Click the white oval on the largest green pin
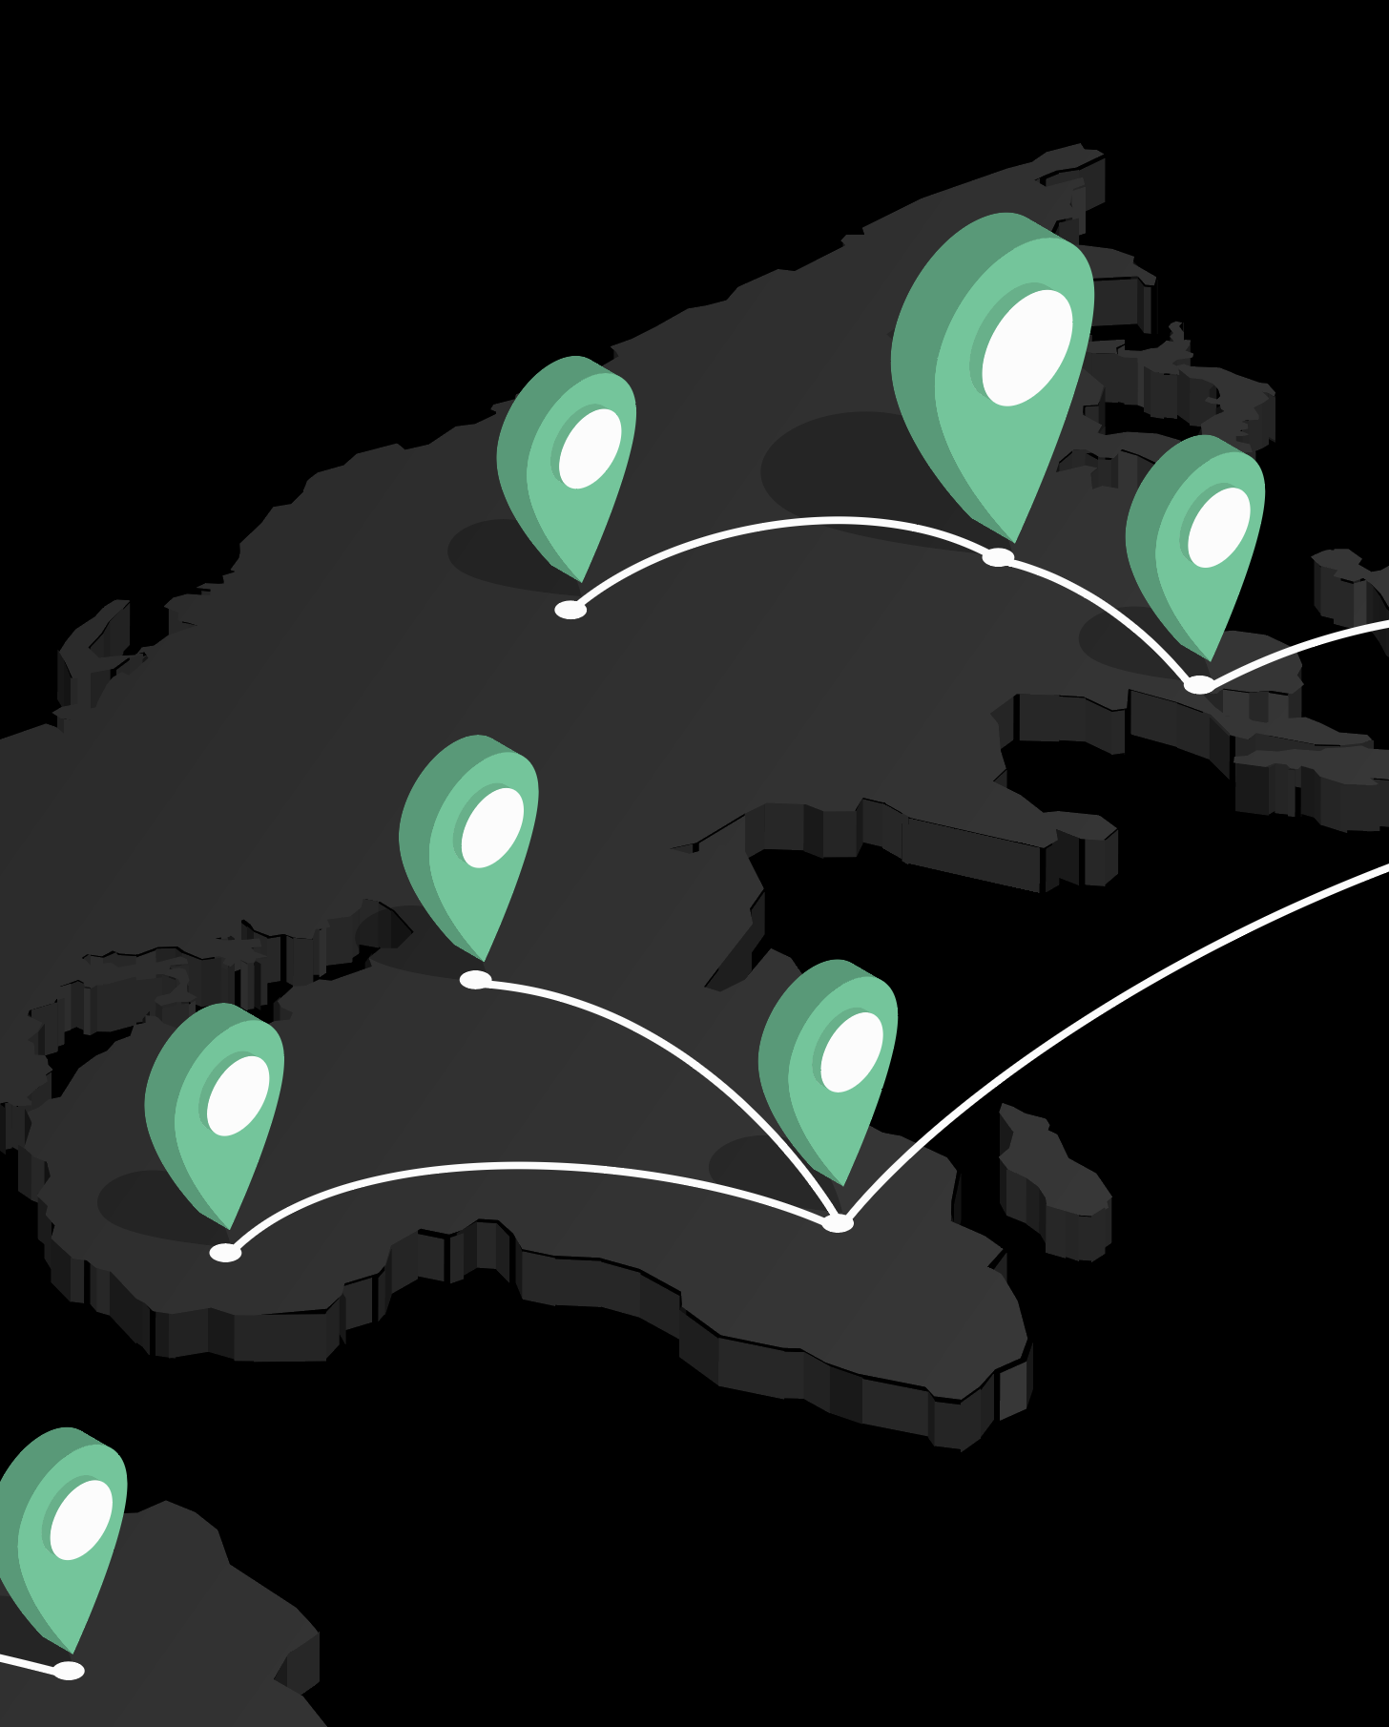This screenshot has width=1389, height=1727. point(1027,347)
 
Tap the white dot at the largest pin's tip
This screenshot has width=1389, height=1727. point(998,557)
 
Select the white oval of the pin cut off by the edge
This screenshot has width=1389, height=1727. point(81,1520)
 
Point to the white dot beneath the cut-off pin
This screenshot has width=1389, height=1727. point(69,1671)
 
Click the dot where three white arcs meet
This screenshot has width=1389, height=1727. point(838,1223)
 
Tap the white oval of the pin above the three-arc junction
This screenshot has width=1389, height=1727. point(852,1052)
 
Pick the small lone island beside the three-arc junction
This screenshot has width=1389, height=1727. point(1054,1183)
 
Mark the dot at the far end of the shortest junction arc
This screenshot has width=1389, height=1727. point(475,980)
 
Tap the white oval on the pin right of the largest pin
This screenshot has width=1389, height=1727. point(1219,528)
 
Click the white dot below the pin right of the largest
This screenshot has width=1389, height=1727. point(1199,684)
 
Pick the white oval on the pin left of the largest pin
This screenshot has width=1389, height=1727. point(591,448)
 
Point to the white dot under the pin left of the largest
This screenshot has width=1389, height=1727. point(570,610)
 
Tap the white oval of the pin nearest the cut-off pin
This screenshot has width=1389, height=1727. point(238,1095)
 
